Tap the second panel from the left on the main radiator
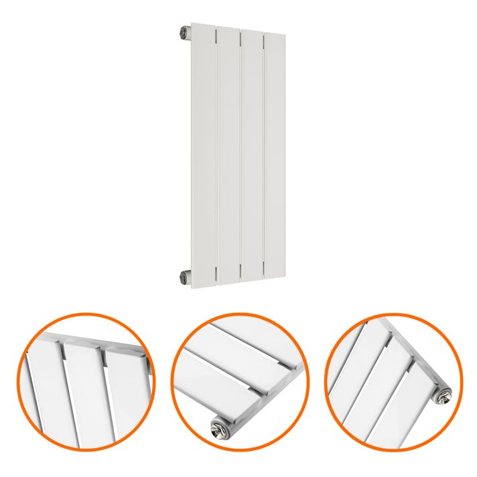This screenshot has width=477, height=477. [228, 154]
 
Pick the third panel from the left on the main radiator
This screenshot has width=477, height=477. [251, 154]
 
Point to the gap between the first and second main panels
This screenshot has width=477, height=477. [216, 154]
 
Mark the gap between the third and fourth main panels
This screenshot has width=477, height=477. [263, 154]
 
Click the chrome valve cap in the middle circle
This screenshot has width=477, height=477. [218, 425]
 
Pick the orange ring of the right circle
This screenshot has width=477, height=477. [328, 379]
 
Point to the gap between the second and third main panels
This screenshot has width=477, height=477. [240, 154]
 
